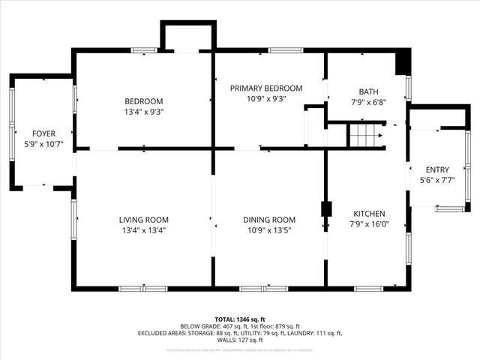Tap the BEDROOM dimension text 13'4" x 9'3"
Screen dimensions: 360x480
[143, 112]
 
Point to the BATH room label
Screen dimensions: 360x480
[368, 91]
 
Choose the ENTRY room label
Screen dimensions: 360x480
[437, 169]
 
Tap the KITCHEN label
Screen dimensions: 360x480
[369, 213]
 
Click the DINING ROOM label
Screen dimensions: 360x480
[269, 220]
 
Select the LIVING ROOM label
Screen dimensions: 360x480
[142, 220]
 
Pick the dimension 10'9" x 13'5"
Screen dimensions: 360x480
[269, 230]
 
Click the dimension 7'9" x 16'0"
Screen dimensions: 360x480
[369, 223]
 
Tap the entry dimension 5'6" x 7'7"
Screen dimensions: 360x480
[437, 180]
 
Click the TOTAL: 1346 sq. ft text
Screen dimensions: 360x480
[240, 319]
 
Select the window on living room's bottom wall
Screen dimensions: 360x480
[143, 288]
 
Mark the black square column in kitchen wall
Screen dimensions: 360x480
[326, 208]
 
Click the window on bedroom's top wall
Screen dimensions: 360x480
[144, 50]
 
